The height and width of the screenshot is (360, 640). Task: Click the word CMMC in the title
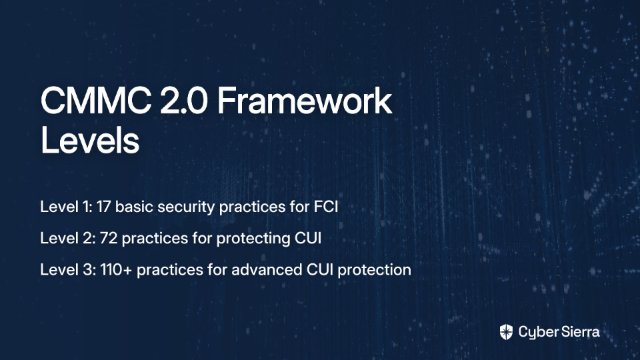tap(96, 101)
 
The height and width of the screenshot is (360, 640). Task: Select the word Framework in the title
tap(305, 101)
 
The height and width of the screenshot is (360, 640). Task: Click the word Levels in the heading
tap(90, 141)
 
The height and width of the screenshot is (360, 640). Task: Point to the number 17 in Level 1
tap(104, 207)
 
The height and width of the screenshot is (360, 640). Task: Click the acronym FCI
tap(326, 207)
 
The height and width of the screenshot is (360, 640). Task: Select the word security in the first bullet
tap(186, 207)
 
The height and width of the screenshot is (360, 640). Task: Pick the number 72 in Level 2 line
tap(109, 238)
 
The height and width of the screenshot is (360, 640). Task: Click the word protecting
tap(253, 239)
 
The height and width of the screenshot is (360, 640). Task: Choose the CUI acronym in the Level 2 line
tap(308, 238)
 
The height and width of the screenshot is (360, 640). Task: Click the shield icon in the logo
tap(506, 332)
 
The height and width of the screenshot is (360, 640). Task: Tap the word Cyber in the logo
tap(536, 333)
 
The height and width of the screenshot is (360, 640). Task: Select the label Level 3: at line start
tap(68, 270)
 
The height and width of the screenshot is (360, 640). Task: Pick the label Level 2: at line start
tap(68, 238)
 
